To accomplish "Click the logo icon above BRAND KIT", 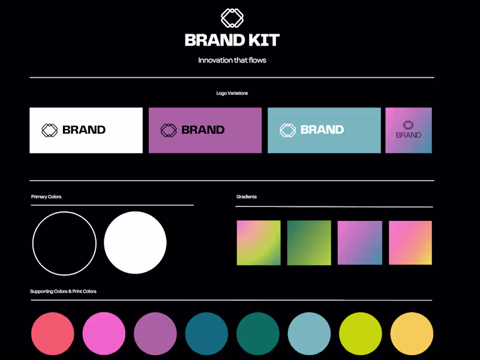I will point(232,17).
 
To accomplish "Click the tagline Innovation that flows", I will point(232,60).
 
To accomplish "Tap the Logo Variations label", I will point(232,94).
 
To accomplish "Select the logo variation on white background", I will point(86,130).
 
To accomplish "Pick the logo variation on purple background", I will point(205,130).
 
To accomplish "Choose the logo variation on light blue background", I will point(324,130).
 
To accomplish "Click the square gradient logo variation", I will point(409,130).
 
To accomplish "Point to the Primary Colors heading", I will point(46,197).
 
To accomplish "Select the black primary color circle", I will point(64,243).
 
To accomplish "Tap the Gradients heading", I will point(247,197).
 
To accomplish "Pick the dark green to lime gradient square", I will point(309,243).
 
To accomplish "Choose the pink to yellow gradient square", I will point(410,243).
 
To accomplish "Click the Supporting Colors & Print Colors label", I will point(63,292).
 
